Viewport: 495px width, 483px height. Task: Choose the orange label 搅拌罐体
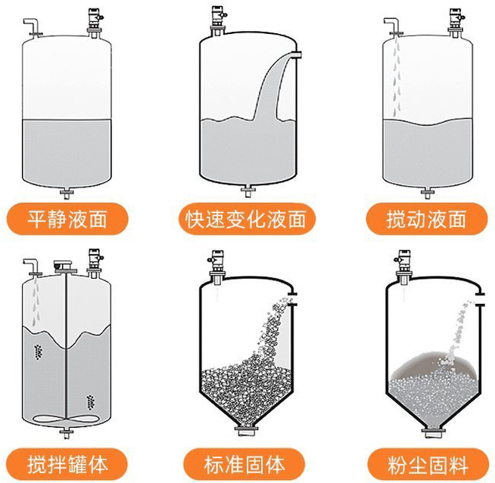coord(67,463)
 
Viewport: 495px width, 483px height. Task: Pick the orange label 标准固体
coord(246,463)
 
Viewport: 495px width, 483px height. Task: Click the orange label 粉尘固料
coord(426,463)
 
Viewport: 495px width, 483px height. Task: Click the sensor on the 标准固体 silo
coord(216,265)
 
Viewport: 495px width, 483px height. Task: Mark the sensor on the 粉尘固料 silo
coord(400,265)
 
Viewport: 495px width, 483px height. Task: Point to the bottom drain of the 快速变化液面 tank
coord(245,189)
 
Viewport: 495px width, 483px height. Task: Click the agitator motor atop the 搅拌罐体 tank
coord(64,265)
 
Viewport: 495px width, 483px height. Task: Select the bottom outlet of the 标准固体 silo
coord(245,431)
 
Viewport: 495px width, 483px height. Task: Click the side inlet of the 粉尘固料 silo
coord(479,296)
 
